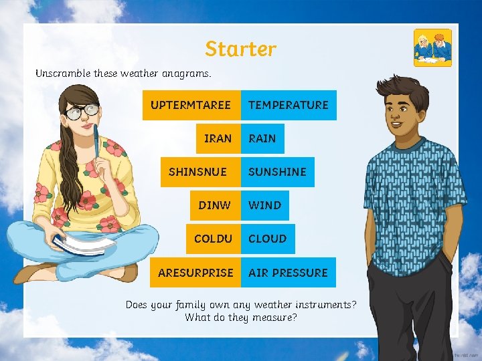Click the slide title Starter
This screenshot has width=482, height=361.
(x=240, y=49)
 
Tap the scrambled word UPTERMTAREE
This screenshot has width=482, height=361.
(x=191, y=105)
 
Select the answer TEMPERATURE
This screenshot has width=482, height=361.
(x=289, y=105)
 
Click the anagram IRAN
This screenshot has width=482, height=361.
(x=218, y=138)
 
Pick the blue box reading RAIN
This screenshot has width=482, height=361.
(x=262, y=138)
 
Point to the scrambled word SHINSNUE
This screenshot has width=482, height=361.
(x=198, y=172)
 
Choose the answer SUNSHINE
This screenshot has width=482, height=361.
(x=277, y=172)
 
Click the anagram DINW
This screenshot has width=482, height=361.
(x=214, y=205)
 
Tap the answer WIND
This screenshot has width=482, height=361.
(x=265, y=205)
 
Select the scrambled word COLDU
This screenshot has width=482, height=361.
(x=213, y=239)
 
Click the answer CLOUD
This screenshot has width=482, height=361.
(x=268, y=239)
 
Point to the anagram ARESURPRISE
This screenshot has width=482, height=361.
(x=195, y=273)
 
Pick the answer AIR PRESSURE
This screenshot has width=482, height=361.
(x=288, y=273)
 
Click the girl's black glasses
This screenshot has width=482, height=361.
(x=83, y=112)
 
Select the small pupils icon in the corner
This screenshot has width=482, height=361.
(x=432, y=47)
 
